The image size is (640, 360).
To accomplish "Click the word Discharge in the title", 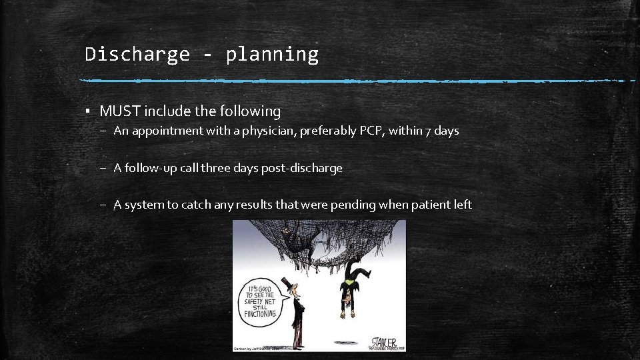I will pyautogui.click(x=137, y=54).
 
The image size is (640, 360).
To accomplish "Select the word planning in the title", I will pyautogui.click(x=272, y=55).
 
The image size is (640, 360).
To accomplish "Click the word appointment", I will pyautogui.click(x=166, y=131).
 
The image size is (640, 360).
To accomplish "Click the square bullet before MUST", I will pyautogui.click(x=87, y=111).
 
